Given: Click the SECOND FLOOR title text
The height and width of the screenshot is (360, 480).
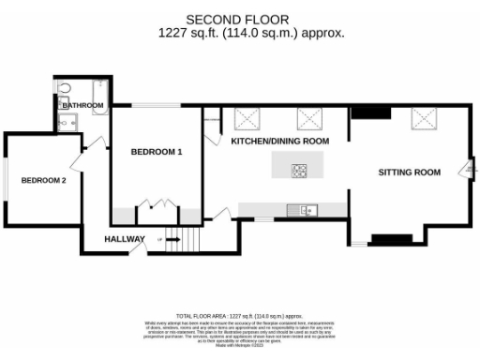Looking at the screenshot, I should tap(237, 19).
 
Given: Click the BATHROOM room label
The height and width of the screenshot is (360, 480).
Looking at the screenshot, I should tap(82, 106).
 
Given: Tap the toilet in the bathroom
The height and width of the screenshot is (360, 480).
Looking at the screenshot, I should tap(64, 87).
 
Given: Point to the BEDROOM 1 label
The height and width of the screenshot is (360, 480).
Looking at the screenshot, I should tap(156, 152).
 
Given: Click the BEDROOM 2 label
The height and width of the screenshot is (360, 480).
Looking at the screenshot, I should tap(44, 180).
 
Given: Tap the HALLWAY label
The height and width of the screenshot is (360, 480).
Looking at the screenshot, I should tap(124, 239).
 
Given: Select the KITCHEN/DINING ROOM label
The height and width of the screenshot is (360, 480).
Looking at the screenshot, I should tap(280, 141).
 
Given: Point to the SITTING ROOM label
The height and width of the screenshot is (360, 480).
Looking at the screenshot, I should tap(409, 172).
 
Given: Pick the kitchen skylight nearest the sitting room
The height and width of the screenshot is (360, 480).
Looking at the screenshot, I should tap(310, 119).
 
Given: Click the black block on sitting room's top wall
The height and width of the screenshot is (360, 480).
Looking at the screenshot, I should tap(369, 113).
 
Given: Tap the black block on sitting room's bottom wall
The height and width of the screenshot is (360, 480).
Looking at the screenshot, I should tap(385, 238).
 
